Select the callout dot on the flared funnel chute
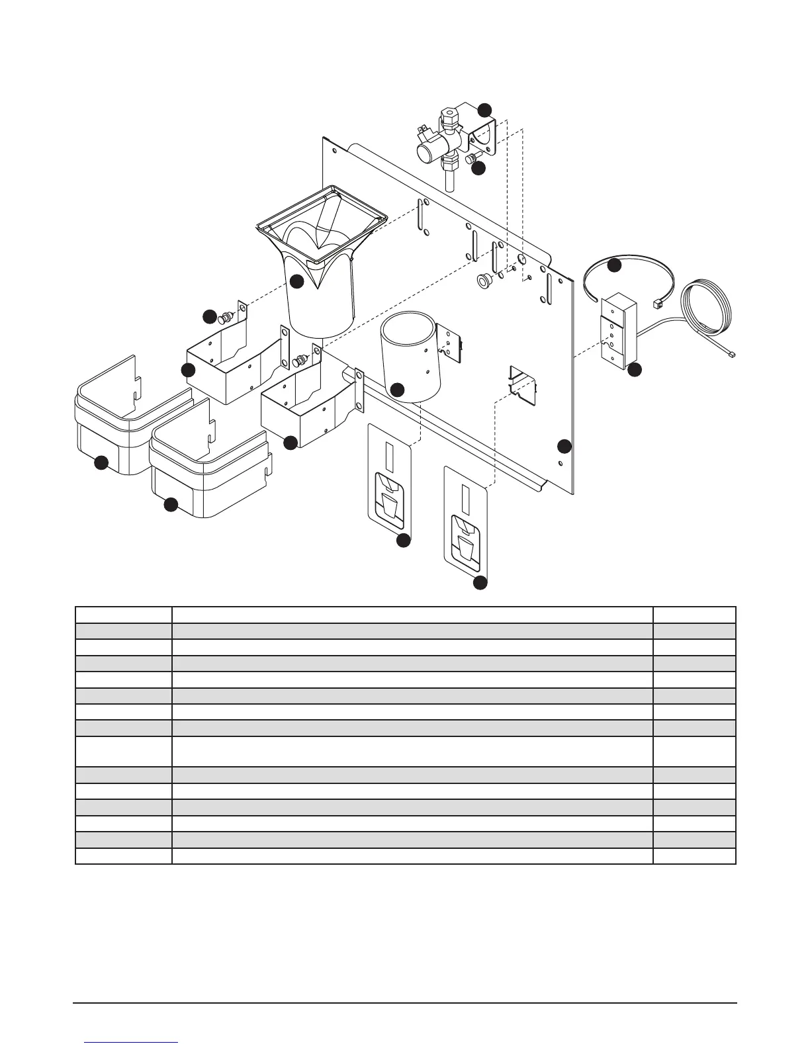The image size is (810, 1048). tap(297, 281)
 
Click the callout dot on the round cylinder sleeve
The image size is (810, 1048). tap(397, 390)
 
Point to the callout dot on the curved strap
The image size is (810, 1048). tap(615, 265)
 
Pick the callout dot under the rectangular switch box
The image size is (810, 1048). tap(634, 371)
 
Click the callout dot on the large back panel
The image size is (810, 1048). tap(564, 446)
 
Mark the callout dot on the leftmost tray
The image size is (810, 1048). tap(101, 463)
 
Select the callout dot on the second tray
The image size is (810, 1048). tap(170, 505)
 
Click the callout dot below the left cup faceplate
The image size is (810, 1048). tap(402, 541)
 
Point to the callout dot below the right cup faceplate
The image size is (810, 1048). tap(480, 583)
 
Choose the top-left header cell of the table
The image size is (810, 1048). tap(124, 615)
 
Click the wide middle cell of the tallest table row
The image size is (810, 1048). tap(412, 751)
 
